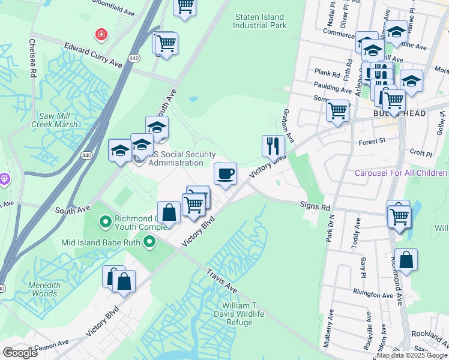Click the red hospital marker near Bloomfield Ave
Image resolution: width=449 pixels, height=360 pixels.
100,35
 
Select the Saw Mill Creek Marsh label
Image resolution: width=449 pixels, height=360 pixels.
58,120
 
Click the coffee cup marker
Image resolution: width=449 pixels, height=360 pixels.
225,174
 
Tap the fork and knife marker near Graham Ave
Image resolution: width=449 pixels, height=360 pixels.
273,146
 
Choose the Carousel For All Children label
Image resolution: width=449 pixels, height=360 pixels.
401,173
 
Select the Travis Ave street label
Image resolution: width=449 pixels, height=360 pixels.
222,279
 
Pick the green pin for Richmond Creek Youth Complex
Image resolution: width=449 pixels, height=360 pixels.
105,223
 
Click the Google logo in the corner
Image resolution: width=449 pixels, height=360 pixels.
20,353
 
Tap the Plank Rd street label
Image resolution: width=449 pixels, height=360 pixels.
327,71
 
